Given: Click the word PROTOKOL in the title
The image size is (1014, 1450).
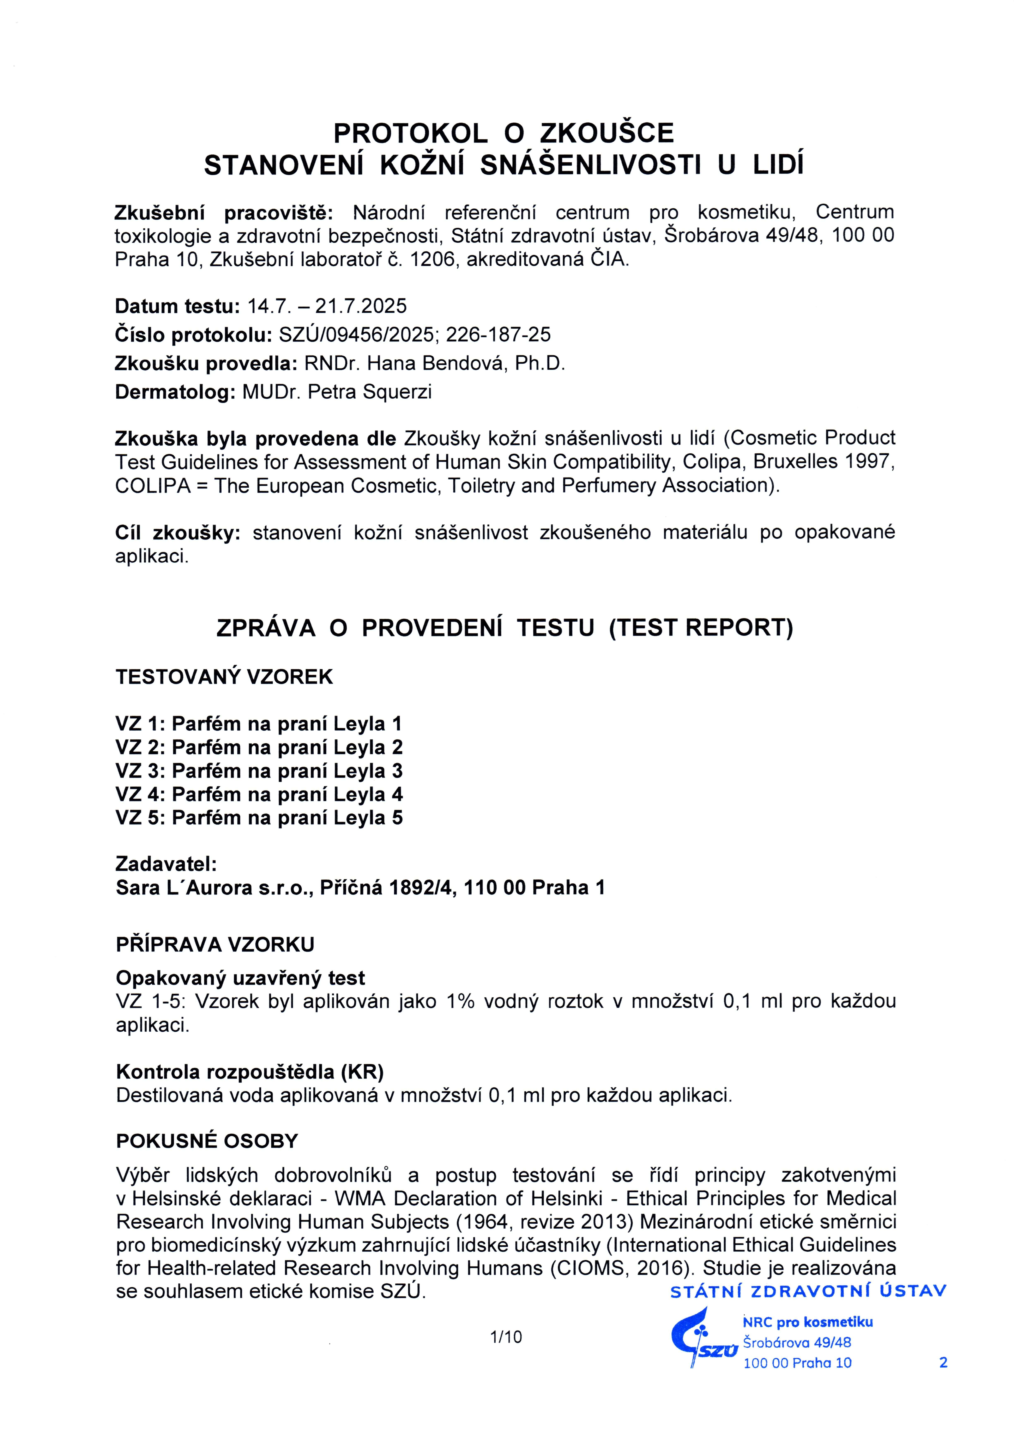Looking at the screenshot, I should (410, 133).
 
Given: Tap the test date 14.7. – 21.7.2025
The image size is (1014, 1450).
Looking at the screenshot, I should (327, 306).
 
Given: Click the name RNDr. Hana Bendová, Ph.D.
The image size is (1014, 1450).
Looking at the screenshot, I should (434, 363).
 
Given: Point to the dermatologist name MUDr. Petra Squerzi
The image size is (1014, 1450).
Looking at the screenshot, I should (337, 392).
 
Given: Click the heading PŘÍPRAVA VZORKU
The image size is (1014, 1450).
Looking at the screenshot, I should (215, 945).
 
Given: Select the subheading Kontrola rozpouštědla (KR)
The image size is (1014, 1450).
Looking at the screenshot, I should (249, 1072).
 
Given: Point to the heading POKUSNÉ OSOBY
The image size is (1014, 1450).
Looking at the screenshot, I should (207, 1141).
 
